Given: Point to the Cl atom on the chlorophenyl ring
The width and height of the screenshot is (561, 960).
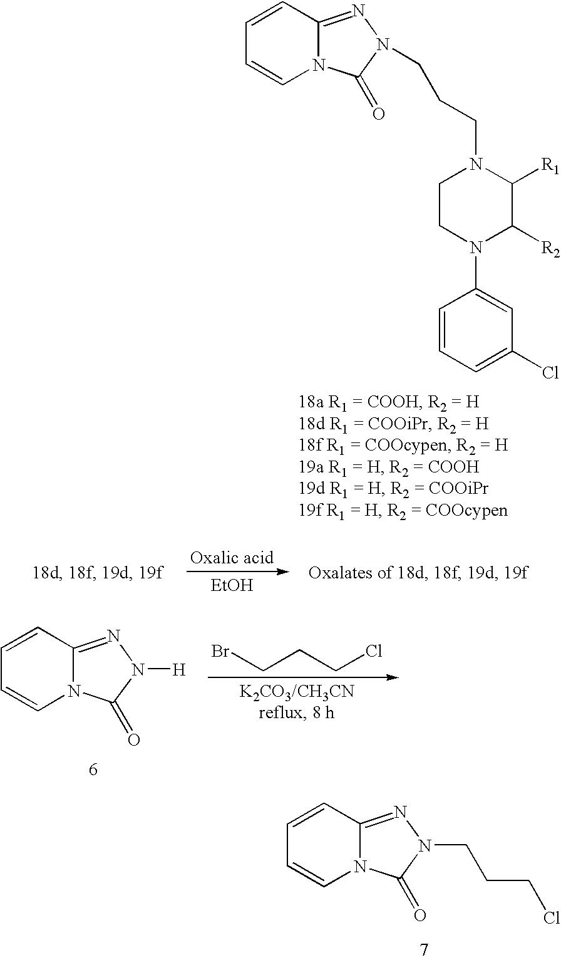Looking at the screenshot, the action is pos(550,372).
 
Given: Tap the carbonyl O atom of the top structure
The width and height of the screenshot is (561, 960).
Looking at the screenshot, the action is pos(378,113).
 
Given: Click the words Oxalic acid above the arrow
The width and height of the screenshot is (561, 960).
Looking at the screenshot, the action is pos(232,558).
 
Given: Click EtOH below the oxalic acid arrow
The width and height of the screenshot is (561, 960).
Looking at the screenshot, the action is pos(232,585).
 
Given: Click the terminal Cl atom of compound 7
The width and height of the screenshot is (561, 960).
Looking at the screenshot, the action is pos(551,917).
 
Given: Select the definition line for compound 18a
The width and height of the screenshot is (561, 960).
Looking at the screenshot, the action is pos(389,402).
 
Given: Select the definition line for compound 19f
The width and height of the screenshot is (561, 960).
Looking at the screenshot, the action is pos(403,510).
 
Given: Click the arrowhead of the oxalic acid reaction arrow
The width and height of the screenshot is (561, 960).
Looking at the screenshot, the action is pos(281,571).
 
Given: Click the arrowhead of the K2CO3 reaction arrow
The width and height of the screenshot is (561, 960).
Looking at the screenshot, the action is pos(393,677).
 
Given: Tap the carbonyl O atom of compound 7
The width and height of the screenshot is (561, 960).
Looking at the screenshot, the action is pos(419,915).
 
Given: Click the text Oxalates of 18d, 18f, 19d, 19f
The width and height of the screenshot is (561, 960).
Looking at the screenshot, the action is pos(418,573).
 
